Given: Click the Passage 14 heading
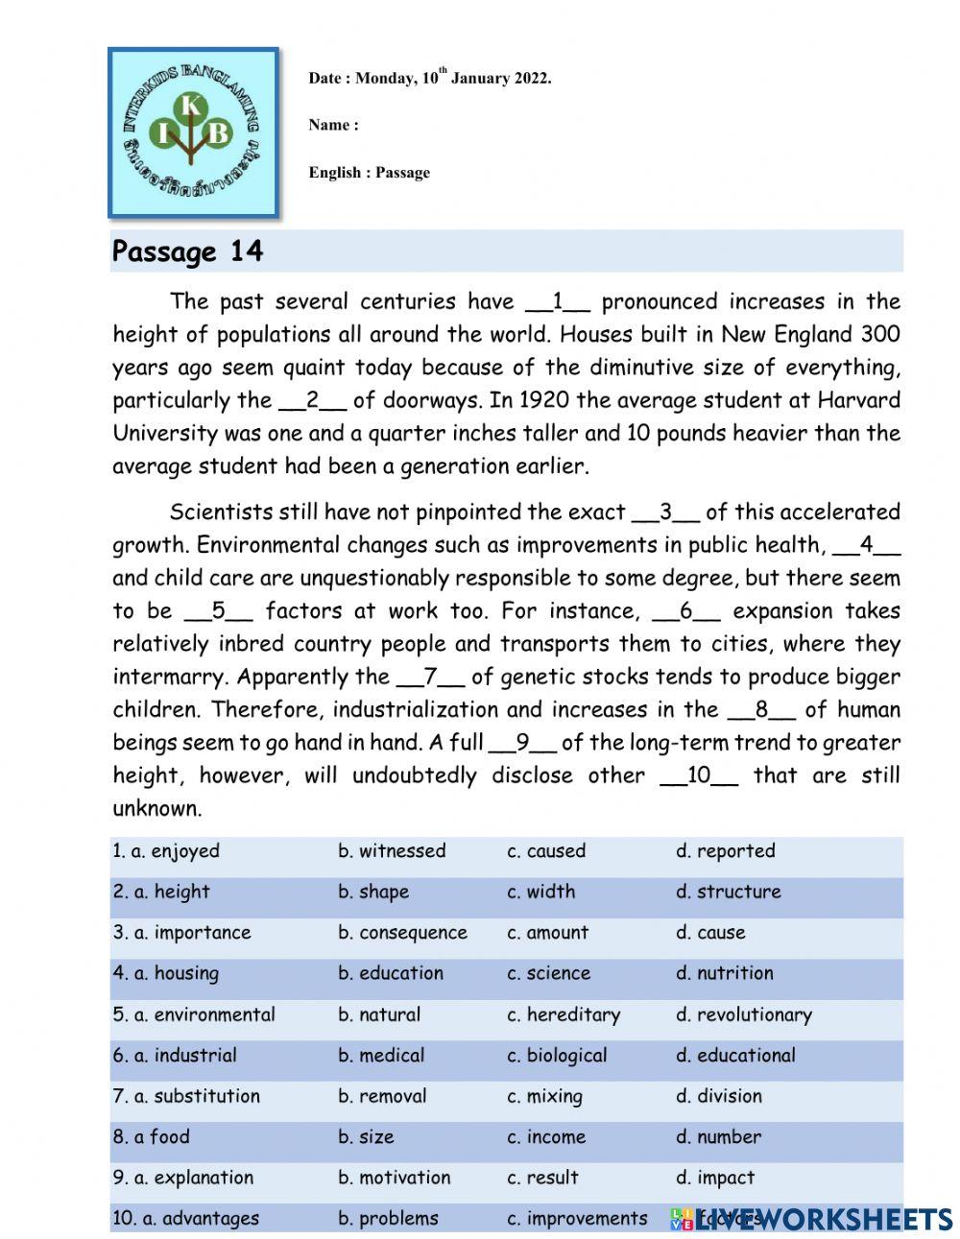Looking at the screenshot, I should (x=187, y=251).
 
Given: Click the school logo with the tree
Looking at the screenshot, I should (x=193, y=132).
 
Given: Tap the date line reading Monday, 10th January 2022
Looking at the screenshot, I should (x=429, y=79).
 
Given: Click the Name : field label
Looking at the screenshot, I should (x=333, y=125).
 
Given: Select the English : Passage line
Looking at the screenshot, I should (x=369, y=173).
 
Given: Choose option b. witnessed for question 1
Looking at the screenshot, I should (x=392, y=851).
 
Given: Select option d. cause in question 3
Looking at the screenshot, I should (x=710, y=933).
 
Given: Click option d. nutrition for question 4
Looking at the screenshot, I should (x=724, y=973).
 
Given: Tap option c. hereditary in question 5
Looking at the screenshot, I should (x=564, y=1014).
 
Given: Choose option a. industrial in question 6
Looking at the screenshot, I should (x=175, y=1056).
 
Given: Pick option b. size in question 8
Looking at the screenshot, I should (x=366, y=1137).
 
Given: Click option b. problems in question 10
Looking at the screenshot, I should (x=388, y=1219).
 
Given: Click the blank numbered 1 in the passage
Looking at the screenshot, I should (x=558, y=302).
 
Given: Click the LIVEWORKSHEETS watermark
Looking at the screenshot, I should (x=811, y=1219).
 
